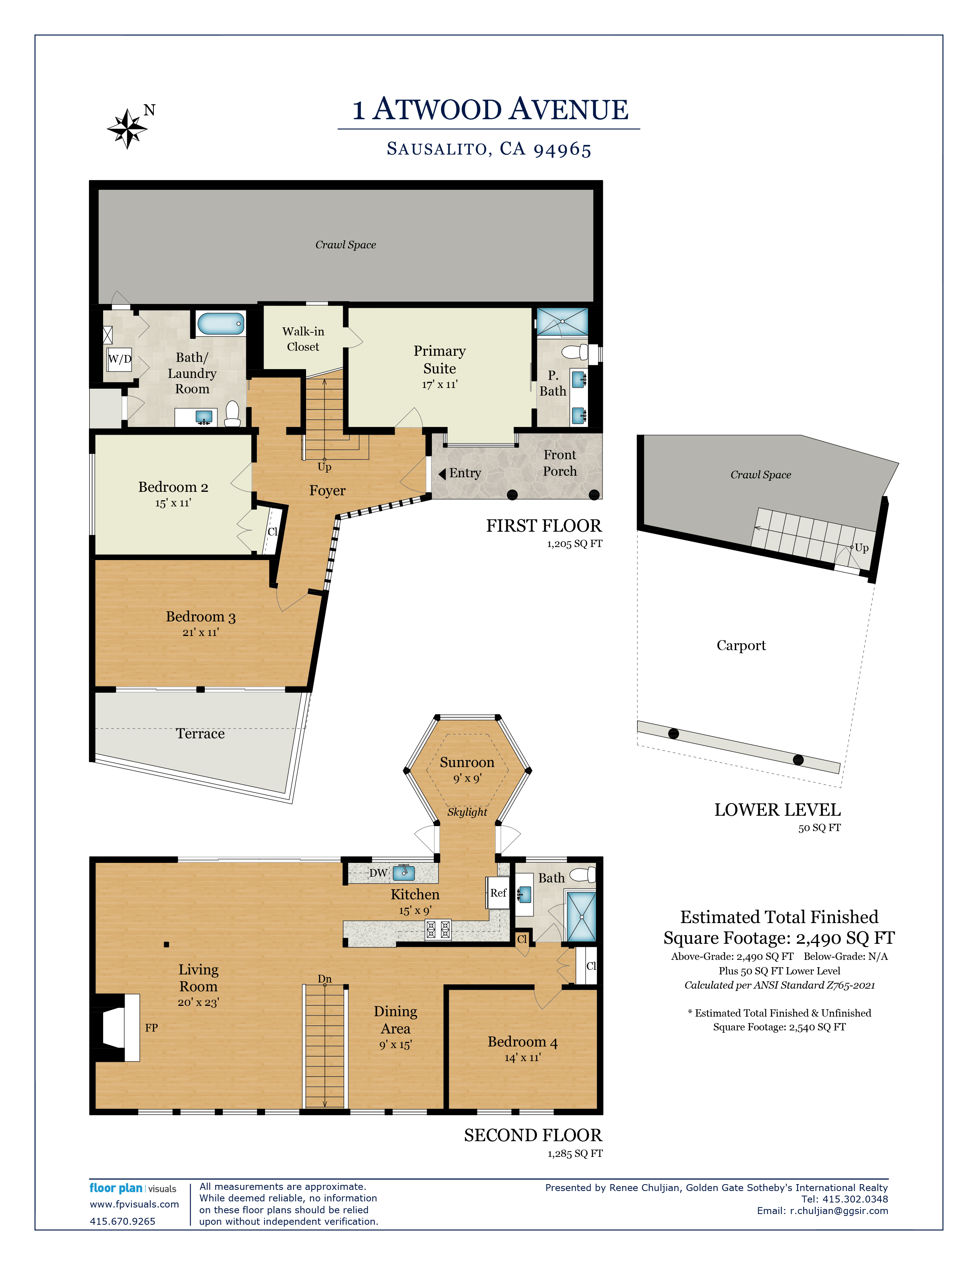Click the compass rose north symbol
click(127, 128)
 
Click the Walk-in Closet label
click(303, 339)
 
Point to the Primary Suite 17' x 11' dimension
click(440, 384)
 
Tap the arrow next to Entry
click(442, 474)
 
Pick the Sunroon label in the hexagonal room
click(467, 762)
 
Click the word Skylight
click(467, 812)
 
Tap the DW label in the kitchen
click(378, 873)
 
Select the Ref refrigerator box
click(498, 892)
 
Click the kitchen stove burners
click(438, 930)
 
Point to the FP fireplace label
click(151, 1027)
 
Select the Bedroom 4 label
click(523, 1042)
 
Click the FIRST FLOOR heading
click(544, 526)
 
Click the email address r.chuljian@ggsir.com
click(839, 1211)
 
